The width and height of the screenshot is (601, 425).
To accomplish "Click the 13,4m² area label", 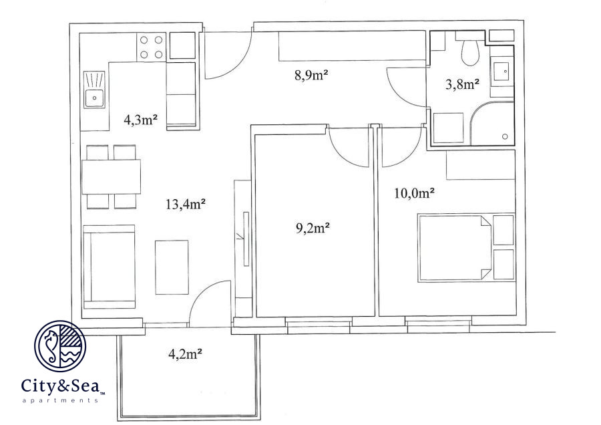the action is (186, 204).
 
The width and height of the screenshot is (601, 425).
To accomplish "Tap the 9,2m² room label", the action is (313, 228).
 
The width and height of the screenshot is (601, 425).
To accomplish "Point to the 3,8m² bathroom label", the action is (463, 84).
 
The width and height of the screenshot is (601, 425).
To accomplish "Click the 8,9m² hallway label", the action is (312, 75).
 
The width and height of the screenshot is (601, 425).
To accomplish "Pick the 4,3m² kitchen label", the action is (141, 120).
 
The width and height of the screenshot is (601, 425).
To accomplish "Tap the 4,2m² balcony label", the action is (185, 353).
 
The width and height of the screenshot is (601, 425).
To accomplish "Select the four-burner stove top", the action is (152, 47).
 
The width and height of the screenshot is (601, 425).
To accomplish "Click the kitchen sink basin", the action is (94, 98).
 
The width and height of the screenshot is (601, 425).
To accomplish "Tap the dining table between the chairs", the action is (111, 177).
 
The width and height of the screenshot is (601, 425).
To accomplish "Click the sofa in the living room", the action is (110, 267).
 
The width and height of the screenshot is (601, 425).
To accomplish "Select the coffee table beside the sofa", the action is (172, 267).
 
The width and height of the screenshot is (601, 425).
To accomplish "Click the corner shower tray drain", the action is (505, 136).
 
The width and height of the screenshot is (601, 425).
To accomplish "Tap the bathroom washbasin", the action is (502, 72).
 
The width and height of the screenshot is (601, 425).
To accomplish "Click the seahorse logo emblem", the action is (60, 346).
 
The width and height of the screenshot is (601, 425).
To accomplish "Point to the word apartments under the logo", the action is (60, 400).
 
